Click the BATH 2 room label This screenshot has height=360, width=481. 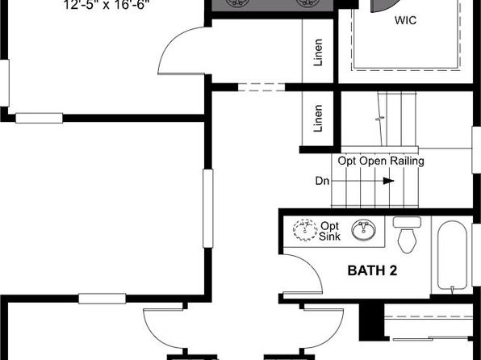[x=372, y=270]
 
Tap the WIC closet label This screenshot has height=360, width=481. [x=405, y=20]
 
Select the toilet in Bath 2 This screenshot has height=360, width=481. [x=407, y=234]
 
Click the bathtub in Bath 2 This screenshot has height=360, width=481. [x=452, y=255]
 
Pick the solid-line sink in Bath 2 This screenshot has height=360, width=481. [x=363, y=229]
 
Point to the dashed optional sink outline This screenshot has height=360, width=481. [x=305, y=230]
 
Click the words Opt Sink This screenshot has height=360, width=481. [x=330, y=231]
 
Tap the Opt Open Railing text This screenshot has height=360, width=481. [x=381, y=161]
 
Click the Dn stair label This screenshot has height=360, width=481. [x=322, y=181]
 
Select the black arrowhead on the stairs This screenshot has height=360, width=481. [x=389, y=181]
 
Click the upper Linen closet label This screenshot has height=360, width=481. [x=318, y=52]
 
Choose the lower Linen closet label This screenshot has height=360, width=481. [x=318, y=119]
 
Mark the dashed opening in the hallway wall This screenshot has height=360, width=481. [x=261, y=87]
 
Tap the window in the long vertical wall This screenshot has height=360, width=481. [x=208, y=208]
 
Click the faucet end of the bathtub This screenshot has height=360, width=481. [x=452, y=288]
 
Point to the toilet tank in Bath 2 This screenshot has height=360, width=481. [x=407, y=222]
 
